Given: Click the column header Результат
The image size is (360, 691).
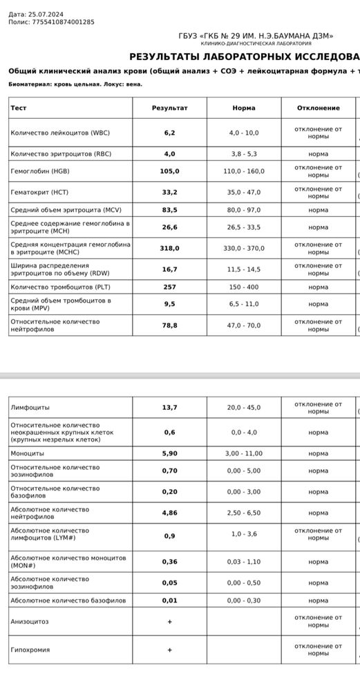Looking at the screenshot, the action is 169,108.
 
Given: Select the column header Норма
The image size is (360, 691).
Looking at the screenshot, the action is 244,108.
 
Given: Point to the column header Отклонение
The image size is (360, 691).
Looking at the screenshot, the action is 318,108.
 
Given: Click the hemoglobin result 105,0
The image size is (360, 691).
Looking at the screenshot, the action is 169,171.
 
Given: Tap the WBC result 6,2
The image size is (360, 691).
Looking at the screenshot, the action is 169,132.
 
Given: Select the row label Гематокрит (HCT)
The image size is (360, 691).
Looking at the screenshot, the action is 39,192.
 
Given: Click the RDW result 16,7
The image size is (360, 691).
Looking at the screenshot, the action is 169,269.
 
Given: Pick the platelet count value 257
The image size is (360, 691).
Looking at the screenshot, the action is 169,287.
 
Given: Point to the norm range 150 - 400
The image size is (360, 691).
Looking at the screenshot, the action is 244,287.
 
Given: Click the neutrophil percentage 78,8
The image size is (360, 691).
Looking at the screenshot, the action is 169,325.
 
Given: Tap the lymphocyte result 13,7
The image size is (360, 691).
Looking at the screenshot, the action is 169,408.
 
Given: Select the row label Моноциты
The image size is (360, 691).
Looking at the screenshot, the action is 27,453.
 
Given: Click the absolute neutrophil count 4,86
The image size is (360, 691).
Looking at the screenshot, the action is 169,513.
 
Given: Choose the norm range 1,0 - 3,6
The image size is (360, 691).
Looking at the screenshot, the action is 244,535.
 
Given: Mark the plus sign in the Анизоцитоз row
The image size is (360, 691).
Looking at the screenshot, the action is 169,622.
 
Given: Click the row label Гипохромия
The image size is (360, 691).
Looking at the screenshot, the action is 30,650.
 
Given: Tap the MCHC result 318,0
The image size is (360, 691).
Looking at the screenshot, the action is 169,248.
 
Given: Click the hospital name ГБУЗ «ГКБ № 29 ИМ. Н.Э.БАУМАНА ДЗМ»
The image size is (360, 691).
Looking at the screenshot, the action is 256,36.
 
